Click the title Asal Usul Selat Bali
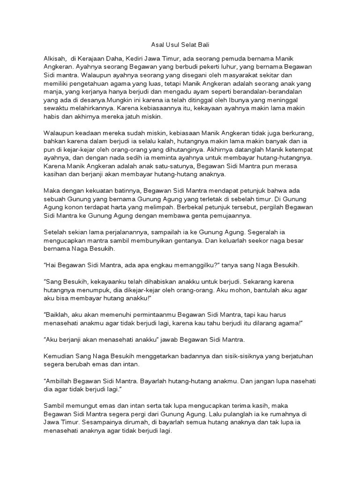[x=180, y=45]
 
